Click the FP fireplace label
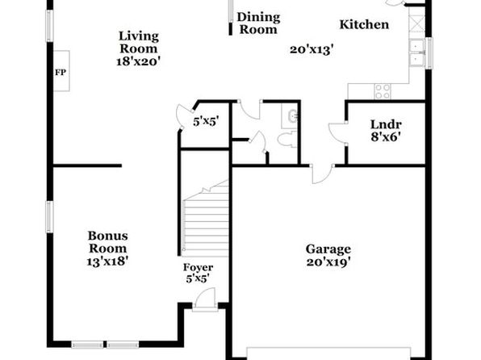tap(61, 73)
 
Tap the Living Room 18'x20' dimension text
tap(139, 61)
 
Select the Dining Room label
tap(258, 23)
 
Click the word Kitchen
tap(364, 24)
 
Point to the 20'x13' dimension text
tap(312, 49)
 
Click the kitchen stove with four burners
tap(383, 91)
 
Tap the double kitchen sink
tap(417, 52)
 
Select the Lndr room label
tap(386, 124)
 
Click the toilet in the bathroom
tap(287, 140)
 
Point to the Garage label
tap(328, 249)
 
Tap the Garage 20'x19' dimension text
tap(328, 262)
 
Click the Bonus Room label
tap(107, 242)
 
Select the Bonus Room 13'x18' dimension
tap(107, 262)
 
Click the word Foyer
tap(198, 267)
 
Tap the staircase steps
tap(206, 219)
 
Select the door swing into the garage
tap(322, 174)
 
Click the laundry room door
tap(337, 132)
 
